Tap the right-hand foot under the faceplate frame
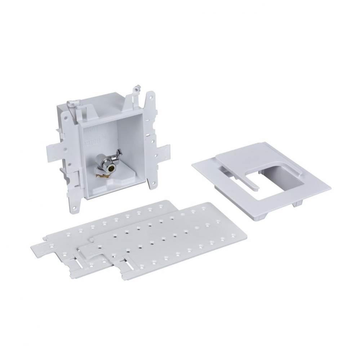click(x=298, y=203)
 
